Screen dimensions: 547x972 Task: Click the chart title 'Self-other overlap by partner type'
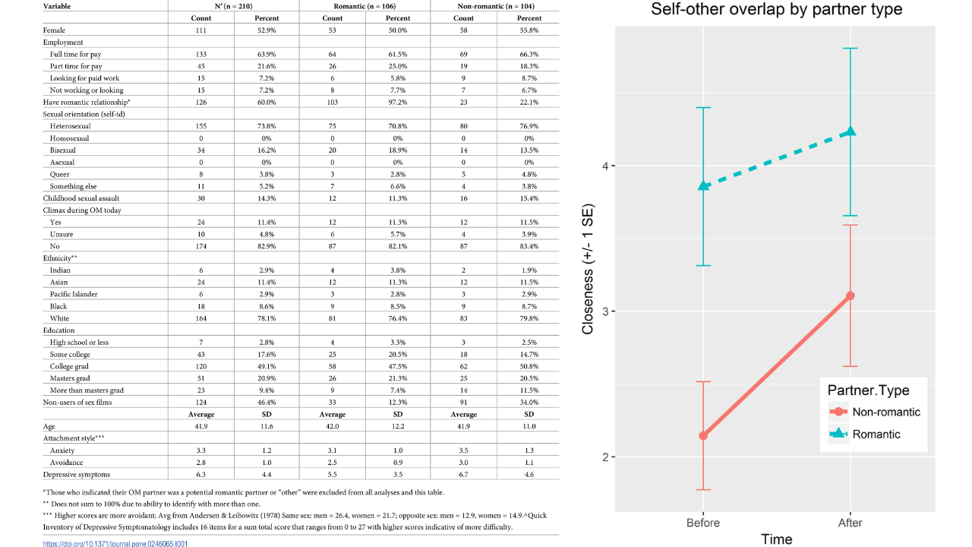tap(777, 10)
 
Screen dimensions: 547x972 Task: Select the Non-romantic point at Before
tap(704, 435)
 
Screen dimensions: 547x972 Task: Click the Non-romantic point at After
tap(850, 296)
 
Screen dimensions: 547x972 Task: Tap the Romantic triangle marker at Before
tap(704, 185)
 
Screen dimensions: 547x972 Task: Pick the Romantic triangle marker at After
tap(850, 131)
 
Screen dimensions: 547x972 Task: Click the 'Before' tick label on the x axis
tap(703, 523)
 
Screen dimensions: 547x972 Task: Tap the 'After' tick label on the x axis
tap(850, 523)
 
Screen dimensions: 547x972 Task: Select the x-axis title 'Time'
tap(776, 539)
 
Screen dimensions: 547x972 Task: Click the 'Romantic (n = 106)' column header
tap(364, 6)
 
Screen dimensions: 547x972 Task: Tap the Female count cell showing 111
tap(200, 30)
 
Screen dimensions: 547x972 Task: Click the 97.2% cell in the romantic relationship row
tap(398, 102)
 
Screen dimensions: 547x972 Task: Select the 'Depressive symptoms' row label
tap(77, 475)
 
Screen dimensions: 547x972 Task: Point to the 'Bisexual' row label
tap(63, 150)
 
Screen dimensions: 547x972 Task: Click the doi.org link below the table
tap(115, 543)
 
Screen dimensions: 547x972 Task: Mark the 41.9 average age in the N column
tap(200, 426)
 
